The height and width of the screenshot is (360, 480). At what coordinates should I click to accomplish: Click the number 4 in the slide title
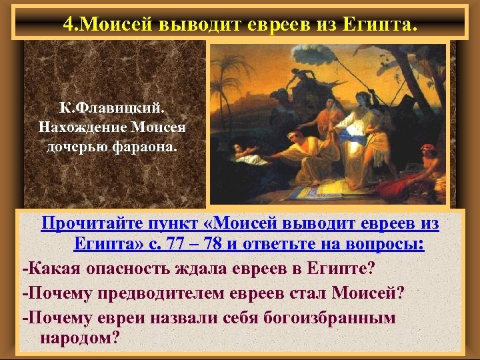[69, 25]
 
